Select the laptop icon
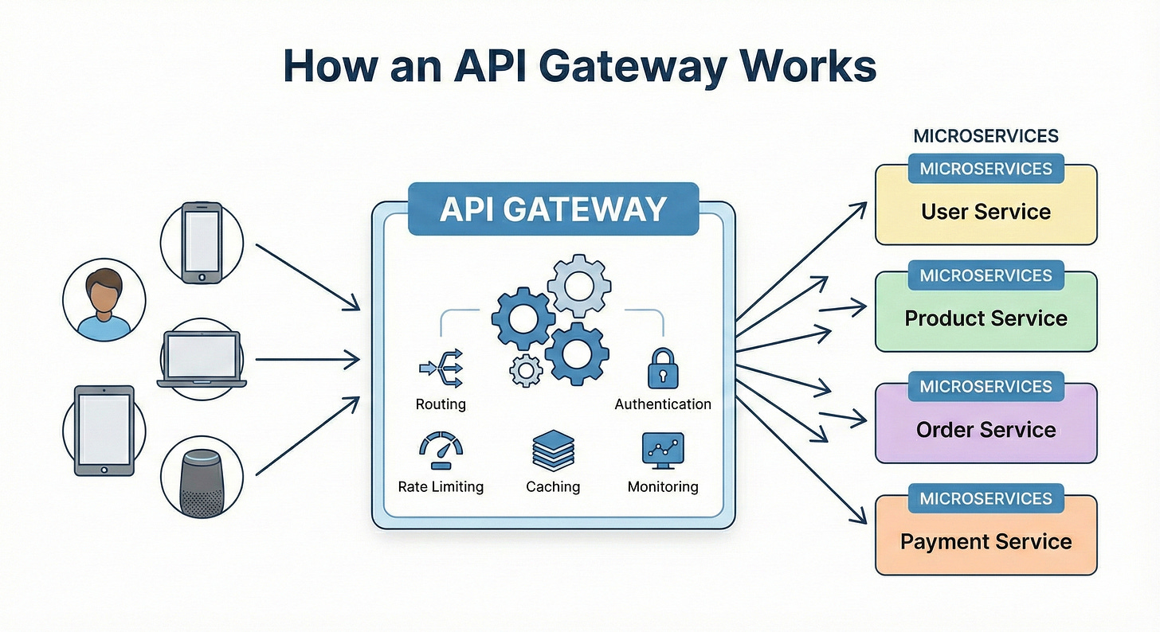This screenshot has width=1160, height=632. pyautogui.click(x=202, y=359)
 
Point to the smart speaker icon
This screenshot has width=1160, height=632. pyautogui.click(x=202, y=482)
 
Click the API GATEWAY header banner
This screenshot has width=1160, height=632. pyautogui.click(x=553, y=209)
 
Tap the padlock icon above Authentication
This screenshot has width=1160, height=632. pyautogui.click(x=662, y=369)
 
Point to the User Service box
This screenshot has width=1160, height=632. pyautogui.click(x=986, y=212)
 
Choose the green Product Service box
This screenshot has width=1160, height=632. pyautogui.click(x=986, y=318)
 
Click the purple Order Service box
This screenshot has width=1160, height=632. pyautogui.click(x=986, y=430)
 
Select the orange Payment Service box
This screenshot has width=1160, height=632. pyautogui.click(x=986, y=542)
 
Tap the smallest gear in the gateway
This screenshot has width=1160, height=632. pyautogui.click(x=525, y=370)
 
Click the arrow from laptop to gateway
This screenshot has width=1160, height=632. pyautogui.click(x=307, y=360)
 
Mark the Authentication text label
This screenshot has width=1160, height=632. pyautogui.click(x=662, y=404)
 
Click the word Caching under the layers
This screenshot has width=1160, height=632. pyautogui.click(x=553, y=486)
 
